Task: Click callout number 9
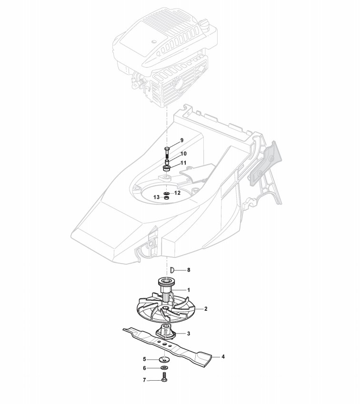pyautogui.click(x=181, y=140)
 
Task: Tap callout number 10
pyautogui.click(x=183, y=154)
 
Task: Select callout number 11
pyautogui.click(x=183, y=163)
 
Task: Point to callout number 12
pyautogui.click(x=177, y=193)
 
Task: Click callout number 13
pyautogui.click(x=156, y=197)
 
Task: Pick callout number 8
pyautogui.click(x=188, y=270)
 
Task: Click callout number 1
pyautogui.click(x=189, y=289)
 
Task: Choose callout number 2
pyautogui.click(x=205, y=309)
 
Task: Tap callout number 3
pyautogui.click(x=189, y=334)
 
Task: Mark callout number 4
pyautogui.click(x=222, y=356)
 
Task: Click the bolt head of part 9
pyautogui.click(x=167, y=148)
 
